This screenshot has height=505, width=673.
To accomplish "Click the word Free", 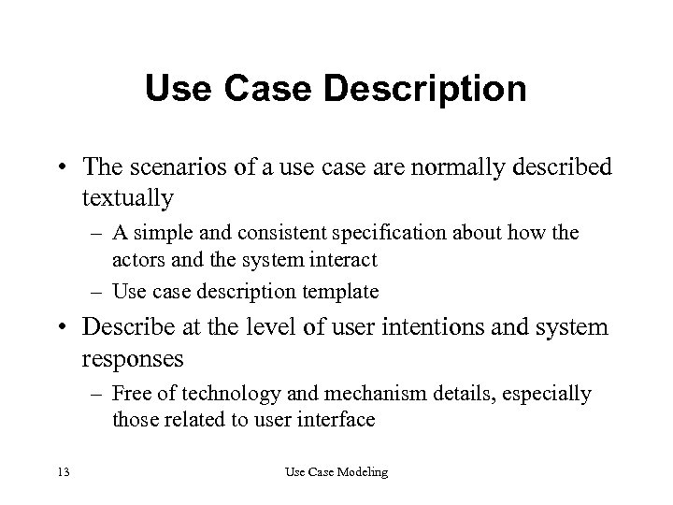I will coord(130,394).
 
